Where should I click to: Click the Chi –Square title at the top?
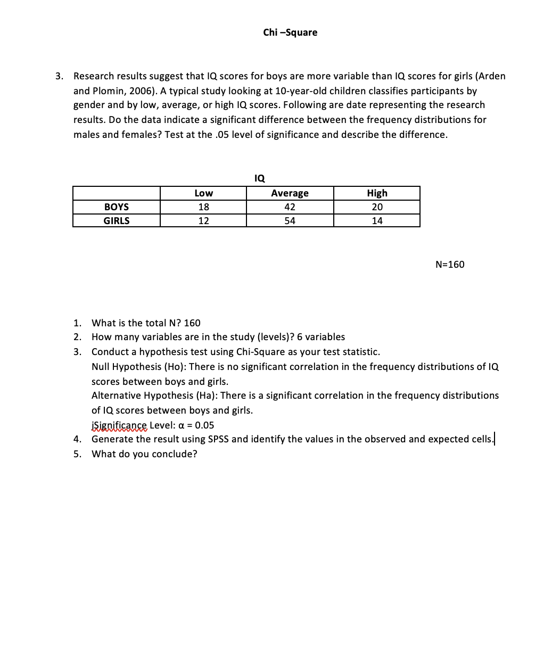coord(290,32)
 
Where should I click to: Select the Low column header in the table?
coord(203,193)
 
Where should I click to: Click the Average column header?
coord(290,193)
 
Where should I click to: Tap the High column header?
coord(377,193)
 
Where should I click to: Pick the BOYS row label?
coord(116,207)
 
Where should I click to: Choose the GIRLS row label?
coord(116,221)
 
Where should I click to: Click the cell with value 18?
coord(203,207)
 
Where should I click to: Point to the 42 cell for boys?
coord(290,207)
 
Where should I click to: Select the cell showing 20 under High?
coord(377,207)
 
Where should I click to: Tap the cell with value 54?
coord(290,221)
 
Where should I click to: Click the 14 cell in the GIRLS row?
coord(377,221)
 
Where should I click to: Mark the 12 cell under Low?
coord(203,221)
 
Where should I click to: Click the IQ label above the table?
coord(260,178)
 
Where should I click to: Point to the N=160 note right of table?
coord(450,265)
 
